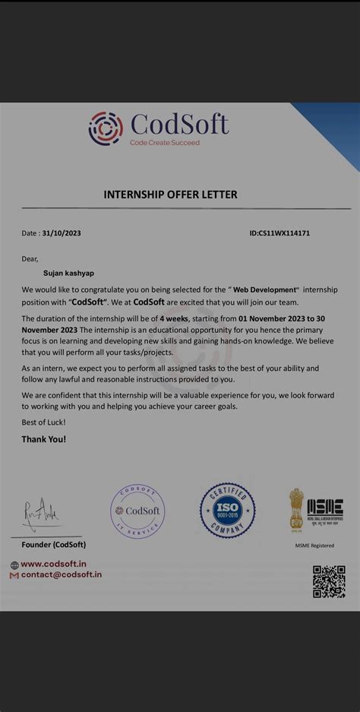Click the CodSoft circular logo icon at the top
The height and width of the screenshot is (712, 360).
pyautogui.click(x=106, y=128)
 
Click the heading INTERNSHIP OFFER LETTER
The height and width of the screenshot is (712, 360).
pyautogui.click(x=170, y=195)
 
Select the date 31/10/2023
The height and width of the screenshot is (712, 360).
pyautogui.click(x=62, y=233)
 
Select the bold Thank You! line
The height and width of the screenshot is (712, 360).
pyautogui.click(x=43, y=439)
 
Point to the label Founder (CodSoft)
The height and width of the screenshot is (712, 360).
pyautogui.click(x=53, y=545)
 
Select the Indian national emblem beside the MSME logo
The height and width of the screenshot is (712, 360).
pyautogui.click(x=295, y=509)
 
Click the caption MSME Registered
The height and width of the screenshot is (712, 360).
pyautogui.click(x=314, y=546)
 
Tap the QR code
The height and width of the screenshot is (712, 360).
pyautogui.click(x=329, y=581)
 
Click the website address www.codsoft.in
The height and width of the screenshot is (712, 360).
pyautogui.click(x=53, y=564)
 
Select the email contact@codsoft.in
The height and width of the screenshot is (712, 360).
pyautogui.click(x=61, y=575)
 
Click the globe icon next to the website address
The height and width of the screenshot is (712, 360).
pyautogui.click(x=14, y=565)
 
